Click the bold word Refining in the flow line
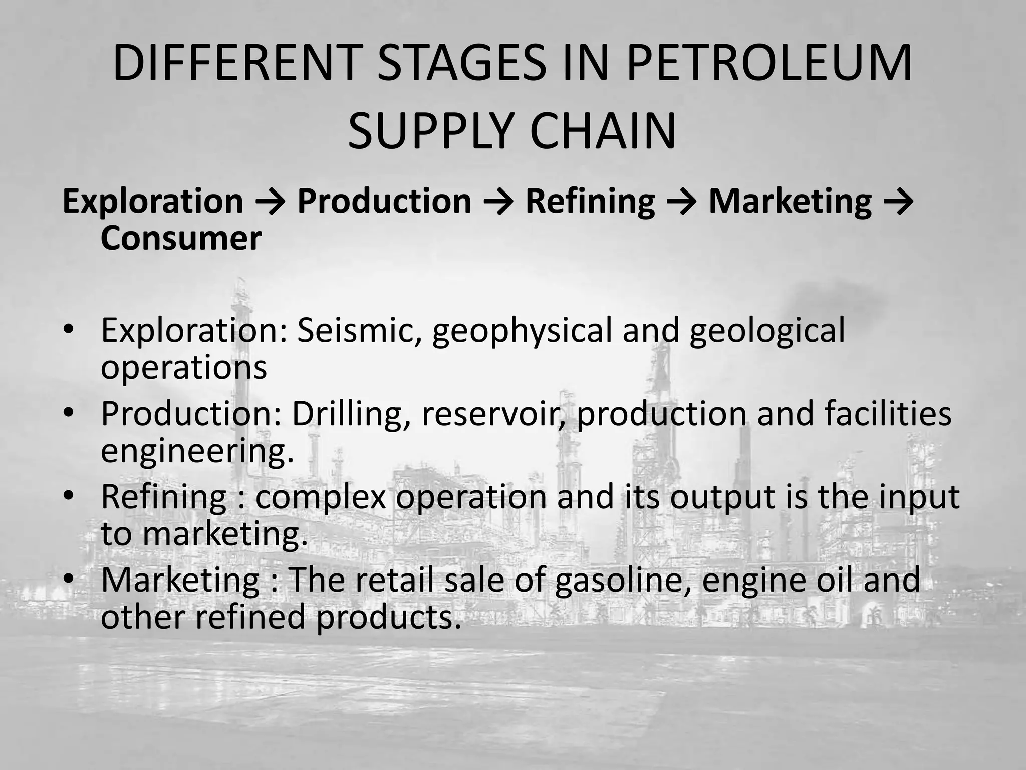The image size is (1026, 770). (x=590, y=201)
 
